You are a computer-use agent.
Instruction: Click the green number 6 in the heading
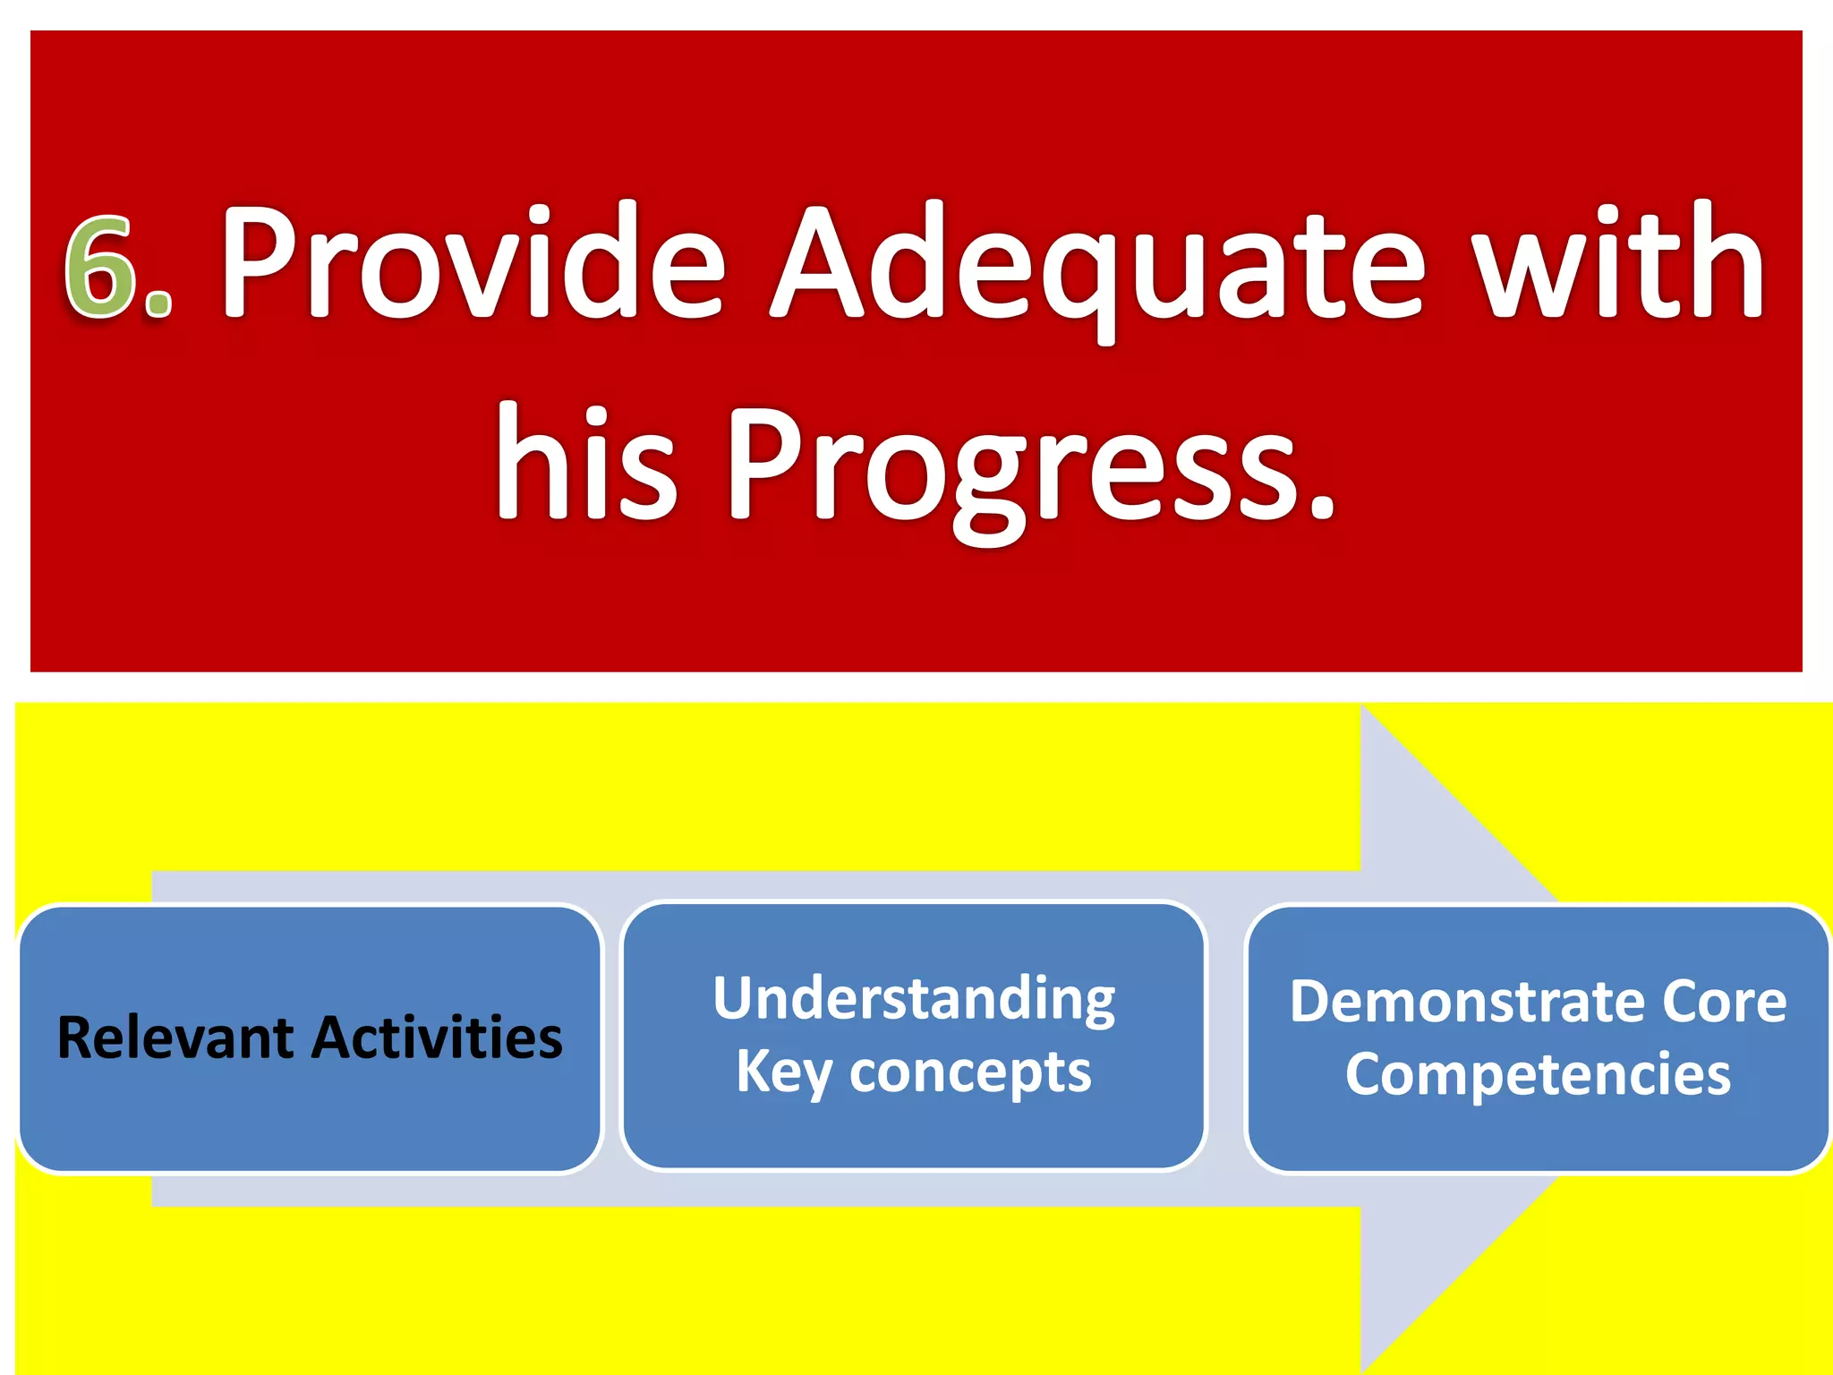point(100,267)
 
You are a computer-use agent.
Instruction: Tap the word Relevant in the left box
point(175,1038)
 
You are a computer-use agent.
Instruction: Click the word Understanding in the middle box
point(914,999)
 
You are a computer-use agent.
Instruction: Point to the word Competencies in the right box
point(1537,1074)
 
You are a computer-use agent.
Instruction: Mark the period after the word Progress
point(1321,507)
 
